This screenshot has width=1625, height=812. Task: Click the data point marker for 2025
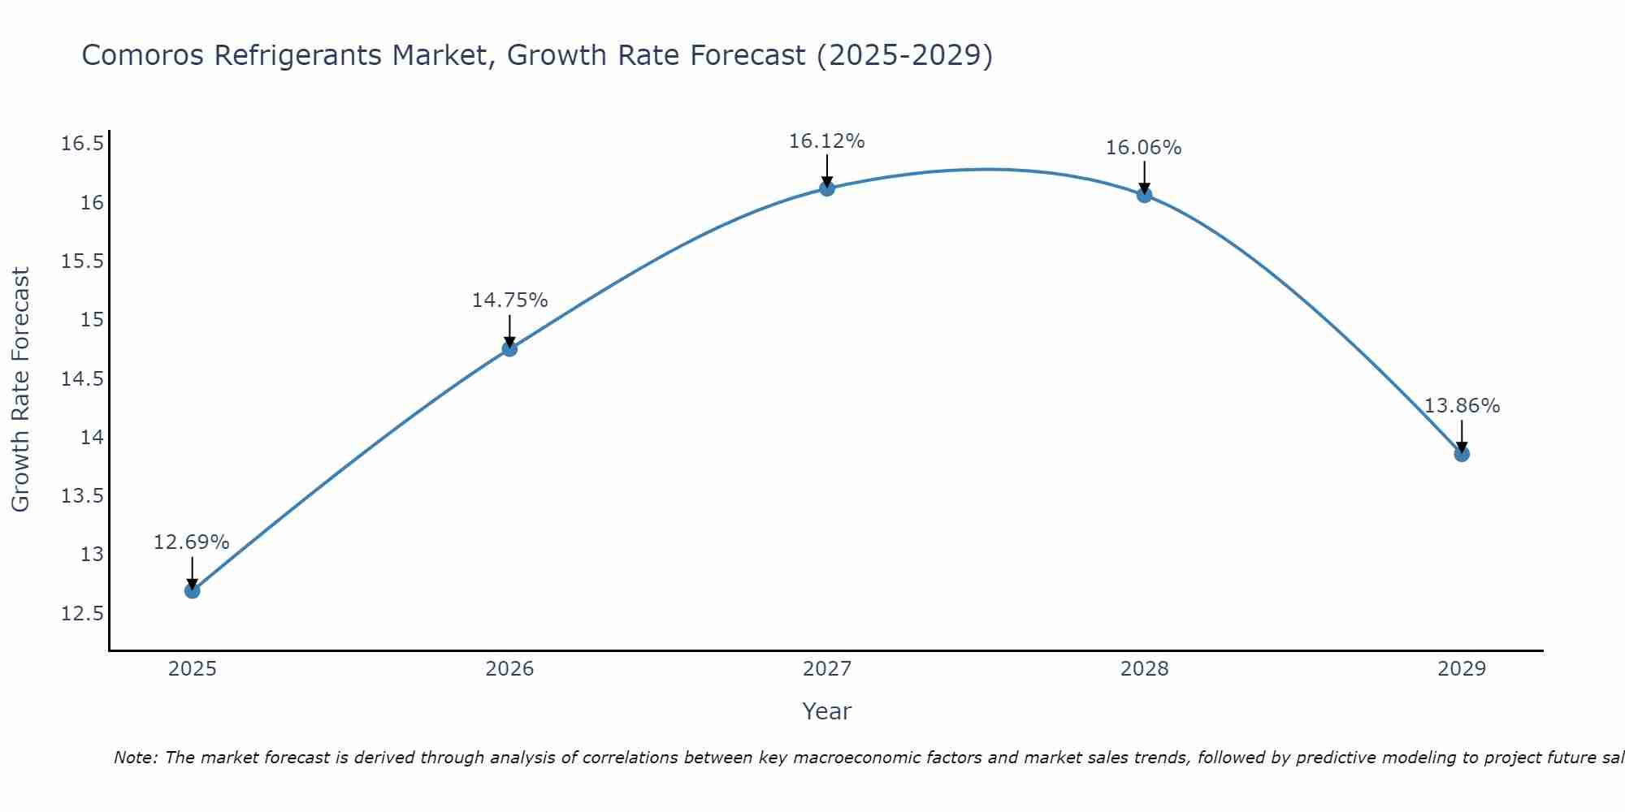tap(193, 590)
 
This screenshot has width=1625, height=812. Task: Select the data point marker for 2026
tap(509, 348)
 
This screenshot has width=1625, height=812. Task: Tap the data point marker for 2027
tap(827, 188)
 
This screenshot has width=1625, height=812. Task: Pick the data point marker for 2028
tap(1144, 195)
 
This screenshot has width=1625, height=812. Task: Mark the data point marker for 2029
tap(1462, 454)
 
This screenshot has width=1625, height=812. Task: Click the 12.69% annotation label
tap(192, 542)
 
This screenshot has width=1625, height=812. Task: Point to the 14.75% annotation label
tap(509, 300)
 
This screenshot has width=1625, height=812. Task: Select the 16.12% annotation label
tap(827, 141)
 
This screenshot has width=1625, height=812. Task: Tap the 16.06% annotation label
tap(1144, 148)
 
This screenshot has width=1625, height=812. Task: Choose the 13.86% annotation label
tap(1462, 406)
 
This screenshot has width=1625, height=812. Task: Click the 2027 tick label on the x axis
tap(827, 669)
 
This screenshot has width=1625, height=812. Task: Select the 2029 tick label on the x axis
tap(1462, 669)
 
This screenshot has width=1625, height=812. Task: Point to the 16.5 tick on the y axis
tap(83, 145)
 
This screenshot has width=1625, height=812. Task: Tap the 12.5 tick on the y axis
tap(83, 613)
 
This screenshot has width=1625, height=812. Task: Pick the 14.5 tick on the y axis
tap(83, 379)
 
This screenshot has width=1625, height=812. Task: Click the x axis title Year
tap(827, 711)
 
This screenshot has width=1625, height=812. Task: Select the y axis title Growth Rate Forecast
tap(21, 390)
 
